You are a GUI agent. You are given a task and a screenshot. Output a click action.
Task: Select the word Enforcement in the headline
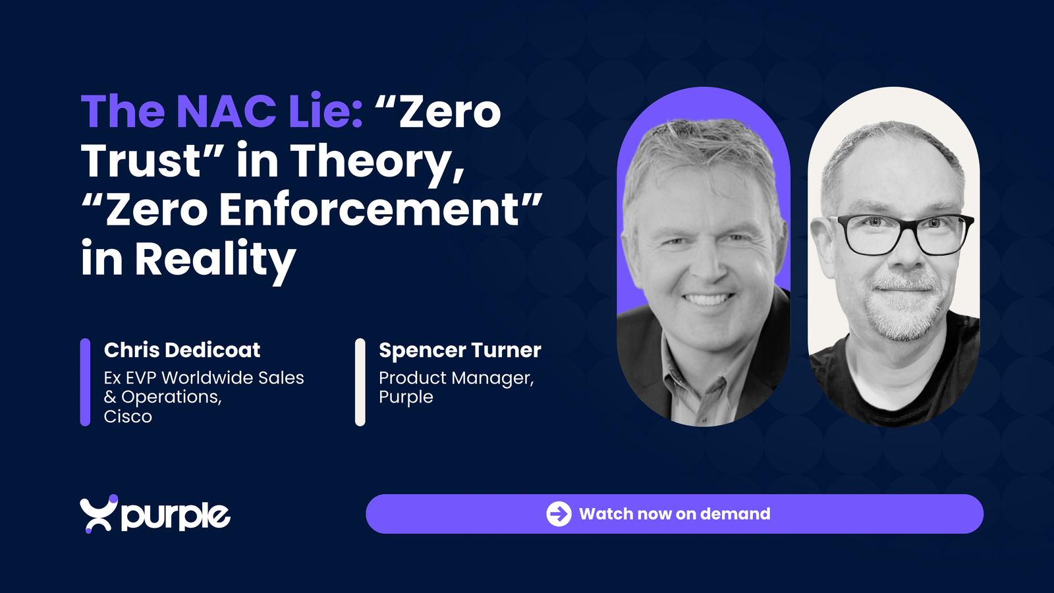pos(369,210)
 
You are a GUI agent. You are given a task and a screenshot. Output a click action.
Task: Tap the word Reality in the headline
pos(215,260)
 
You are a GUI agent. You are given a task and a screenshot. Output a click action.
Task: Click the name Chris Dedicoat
pos(182,350)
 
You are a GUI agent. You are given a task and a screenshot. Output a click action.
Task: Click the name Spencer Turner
pos(460,350)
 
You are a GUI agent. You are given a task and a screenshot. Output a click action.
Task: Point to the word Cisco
pos(128,416)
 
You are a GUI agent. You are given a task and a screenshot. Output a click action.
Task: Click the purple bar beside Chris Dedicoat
pos(85,382)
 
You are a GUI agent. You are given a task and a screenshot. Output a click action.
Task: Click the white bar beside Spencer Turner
pos(360,382)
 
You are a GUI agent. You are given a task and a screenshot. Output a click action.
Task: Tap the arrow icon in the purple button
pos(559,513)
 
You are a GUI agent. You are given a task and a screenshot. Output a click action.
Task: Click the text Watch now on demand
pos(675,514)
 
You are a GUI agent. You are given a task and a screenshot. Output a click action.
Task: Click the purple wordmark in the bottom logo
pos(176,517)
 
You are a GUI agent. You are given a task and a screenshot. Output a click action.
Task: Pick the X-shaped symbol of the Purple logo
pos(98,514)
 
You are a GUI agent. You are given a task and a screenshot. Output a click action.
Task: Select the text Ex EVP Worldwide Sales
pos(204,378)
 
